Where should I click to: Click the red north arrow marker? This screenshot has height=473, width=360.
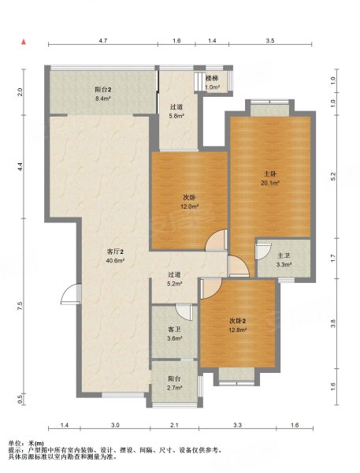tap(24, 42)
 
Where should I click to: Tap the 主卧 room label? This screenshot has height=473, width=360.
tap(270, 174)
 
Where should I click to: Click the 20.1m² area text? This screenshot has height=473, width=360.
tap(270, 183)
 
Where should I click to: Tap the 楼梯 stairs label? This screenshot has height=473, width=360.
tap(212, 79)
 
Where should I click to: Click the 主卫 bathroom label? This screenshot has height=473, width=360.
tap(284, 256)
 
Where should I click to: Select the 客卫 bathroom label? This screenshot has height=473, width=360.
tap(174, 330)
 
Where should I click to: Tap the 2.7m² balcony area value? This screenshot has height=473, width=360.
tap(175, 388)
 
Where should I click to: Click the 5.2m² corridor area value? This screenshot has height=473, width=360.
tap(175, 284)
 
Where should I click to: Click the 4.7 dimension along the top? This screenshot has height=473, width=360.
tap(103, 40)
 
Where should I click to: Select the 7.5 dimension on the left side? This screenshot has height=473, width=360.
tap(20, 305)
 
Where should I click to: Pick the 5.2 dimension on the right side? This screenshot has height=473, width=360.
tap(333, 177)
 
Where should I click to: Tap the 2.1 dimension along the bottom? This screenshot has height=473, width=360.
tap(174, 425)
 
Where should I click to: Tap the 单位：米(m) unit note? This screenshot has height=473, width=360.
tap(26, 443)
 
